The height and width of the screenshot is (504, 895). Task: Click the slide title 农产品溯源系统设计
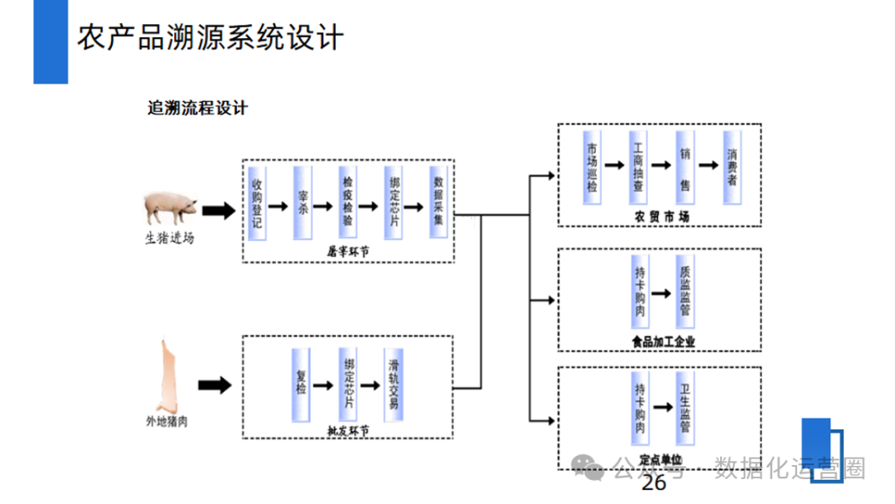click(210, 37)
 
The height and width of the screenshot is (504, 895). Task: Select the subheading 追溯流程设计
click(197, 109)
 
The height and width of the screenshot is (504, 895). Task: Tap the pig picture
click(171, 207)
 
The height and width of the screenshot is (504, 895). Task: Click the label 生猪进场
click(170, 238)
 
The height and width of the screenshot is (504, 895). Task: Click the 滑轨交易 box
click(394, 383)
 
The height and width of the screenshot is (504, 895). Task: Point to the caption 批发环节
click(348, 431)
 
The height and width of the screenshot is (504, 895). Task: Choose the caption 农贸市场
click(662, 216)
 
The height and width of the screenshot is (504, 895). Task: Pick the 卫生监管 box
click(685, 409)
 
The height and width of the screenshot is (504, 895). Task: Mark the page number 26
click(654, 484)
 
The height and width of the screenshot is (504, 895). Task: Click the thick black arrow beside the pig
click(219, 211)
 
